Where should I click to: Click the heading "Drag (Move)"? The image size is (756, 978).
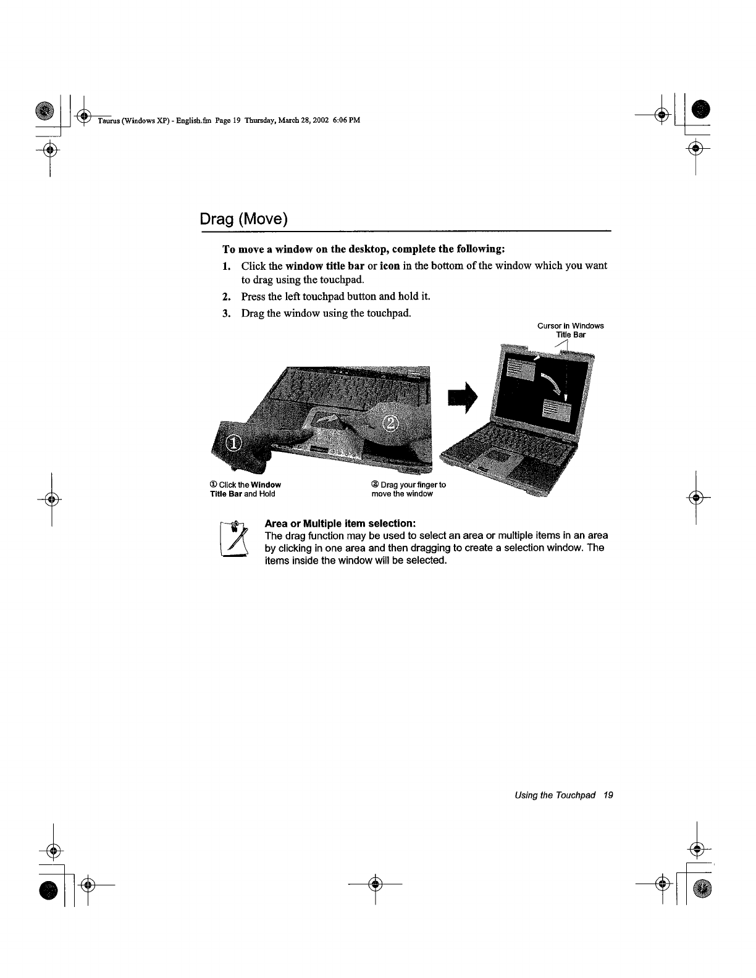244,219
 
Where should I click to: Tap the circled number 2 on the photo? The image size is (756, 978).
392,424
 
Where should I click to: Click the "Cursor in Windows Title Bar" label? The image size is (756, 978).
570,330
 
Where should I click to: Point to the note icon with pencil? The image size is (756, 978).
233,540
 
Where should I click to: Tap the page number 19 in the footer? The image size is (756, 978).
608,795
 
